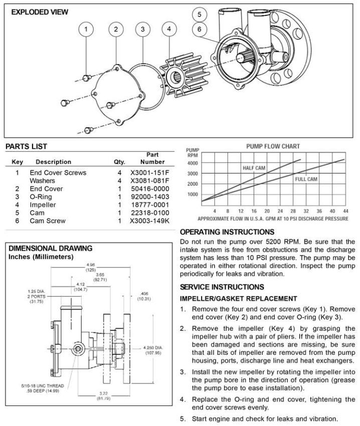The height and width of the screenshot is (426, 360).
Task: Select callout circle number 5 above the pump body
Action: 200,15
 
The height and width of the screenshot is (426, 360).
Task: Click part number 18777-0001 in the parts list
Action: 150,205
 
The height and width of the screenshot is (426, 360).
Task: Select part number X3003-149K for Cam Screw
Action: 150,221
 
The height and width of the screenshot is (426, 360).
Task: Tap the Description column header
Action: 54,162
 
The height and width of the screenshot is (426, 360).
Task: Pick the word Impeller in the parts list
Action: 43,205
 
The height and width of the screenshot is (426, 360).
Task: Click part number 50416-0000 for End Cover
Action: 150,189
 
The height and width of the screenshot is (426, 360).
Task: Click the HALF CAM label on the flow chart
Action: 254,168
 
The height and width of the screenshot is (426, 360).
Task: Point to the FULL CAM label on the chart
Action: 306,178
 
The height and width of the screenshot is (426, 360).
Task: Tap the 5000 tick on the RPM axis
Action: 193,163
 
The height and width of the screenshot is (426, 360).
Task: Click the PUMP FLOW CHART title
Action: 273,146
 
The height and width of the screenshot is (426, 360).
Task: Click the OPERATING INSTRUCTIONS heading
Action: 227,232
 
